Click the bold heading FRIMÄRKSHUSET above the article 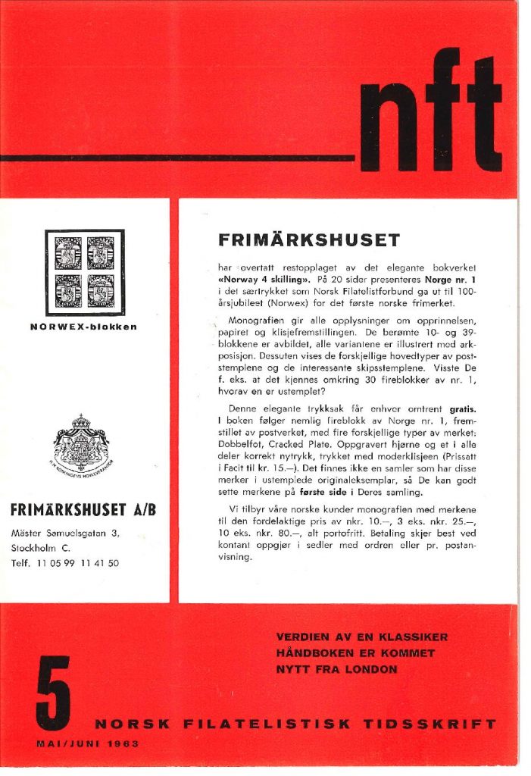click(x=308, y=240)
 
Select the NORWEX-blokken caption click(x=85, y=327)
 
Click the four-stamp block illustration click(x=85, y=273)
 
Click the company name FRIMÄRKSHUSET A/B click(x=84, y=510)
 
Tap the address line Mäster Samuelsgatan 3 click(x=65, y=533)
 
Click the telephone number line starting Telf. click(x=65, y=563)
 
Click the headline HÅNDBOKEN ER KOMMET click(x=355, y=653)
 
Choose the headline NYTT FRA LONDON click(x=336, y=669)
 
